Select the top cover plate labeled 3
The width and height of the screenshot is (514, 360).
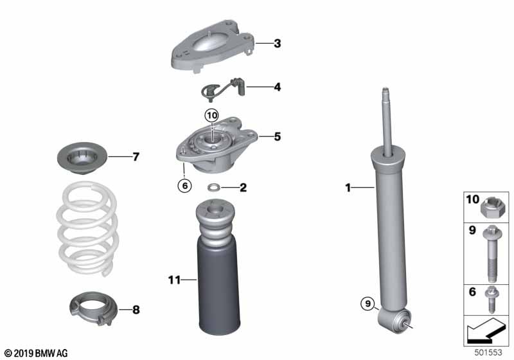coord(213,46)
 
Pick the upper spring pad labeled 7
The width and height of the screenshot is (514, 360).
coord(82,157)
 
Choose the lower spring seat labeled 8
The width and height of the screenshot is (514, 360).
coord(93,309)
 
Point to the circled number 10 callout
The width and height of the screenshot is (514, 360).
coord(212,116)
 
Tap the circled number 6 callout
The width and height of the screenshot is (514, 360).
coord(184,186)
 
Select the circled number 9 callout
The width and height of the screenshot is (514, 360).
coord(368,303)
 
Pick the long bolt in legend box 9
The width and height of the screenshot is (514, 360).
coord(491,253)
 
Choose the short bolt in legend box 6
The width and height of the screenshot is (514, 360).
coord(491,300)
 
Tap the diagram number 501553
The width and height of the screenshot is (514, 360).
coord(488,352)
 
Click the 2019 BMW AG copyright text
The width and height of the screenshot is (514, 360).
coord(36,353)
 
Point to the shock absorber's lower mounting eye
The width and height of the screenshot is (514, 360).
coord(394,321)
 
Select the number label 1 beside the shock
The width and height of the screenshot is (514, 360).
coord(348,188)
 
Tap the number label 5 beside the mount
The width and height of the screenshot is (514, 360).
coord(278,136)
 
